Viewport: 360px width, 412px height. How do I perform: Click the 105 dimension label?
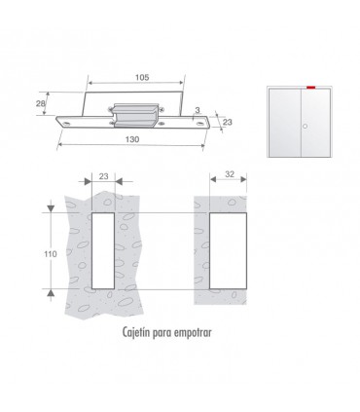tap(142, 77)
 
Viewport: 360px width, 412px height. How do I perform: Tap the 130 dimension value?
tap(132, 139)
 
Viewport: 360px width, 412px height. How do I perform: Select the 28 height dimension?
tap(41, 103)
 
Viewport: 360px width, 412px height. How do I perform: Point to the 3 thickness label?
tap(198, 110)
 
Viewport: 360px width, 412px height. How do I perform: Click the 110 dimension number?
tap(51, 254)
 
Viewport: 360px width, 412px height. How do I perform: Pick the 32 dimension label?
tap(230, 174)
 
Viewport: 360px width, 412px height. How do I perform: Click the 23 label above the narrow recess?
tap(103, 176)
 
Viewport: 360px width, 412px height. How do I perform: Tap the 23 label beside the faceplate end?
tap(228, 122)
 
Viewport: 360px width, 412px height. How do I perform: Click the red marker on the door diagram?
tap(310, 87)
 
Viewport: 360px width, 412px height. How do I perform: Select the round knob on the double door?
tap(305, 126)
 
